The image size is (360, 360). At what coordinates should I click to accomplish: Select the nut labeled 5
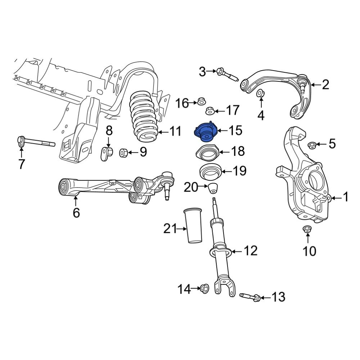[312, 145]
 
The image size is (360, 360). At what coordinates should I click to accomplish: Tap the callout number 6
[76, 213]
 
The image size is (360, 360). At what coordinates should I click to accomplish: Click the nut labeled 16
[201, 100]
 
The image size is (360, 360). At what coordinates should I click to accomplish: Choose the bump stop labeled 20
[214, 188]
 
